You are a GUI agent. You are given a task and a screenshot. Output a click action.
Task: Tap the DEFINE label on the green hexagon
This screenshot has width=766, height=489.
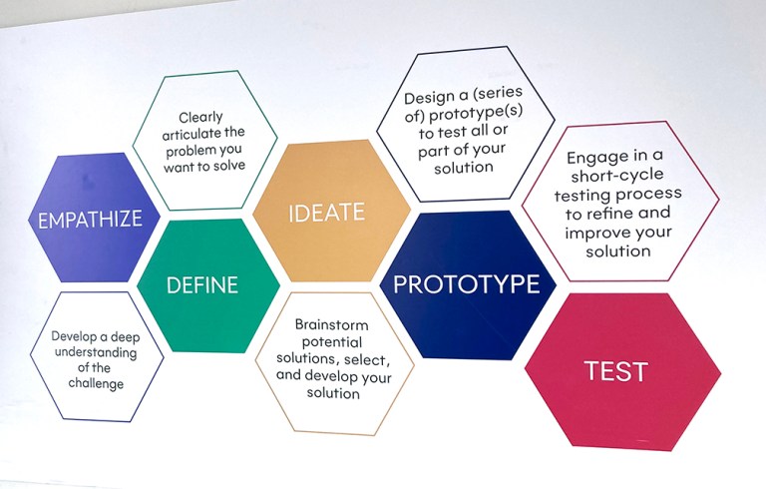(x=201, y=285)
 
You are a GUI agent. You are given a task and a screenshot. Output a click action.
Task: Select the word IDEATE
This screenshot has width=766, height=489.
(x=326, y=213)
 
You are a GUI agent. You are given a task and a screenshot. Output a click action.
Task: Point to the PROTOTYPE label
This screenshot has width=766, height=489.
(x=466, y=284)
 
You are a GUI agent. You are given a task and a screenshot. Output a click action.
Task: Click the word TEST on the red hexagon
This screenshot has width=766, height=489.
(x=615, y=371)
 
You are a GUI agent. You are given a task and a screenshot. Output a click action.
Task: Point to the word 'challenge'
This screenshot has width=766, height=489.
(x=96, y=384)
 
